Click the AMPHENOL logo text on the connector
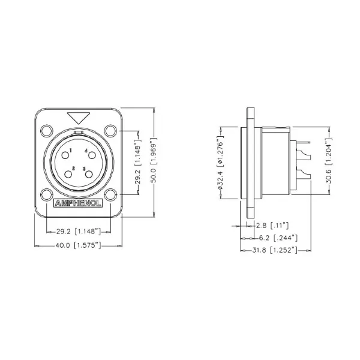pos(78,202)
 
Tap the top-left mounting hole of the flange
pos(46,130)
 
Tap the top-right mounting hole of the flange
pos(110,130)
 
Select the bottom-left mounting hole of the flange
pos(46,194)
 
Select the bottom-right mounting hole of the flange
pos(110,194)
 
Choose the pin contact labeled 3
pos(89,174)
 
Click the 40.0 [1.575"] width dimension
pos(78,245)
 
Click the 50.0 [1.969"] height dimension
pos(155,162)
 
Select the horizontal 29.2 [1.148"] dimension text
pos(78,230)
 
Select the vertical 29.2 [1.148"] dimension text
pos(138,162)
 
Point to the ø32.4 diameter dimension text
pos(221,162)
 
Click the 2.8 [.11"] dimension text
pos(272,226)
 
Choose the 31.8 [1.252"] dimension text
pos(275,249)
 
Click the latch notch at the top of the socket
pos(78,132)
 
